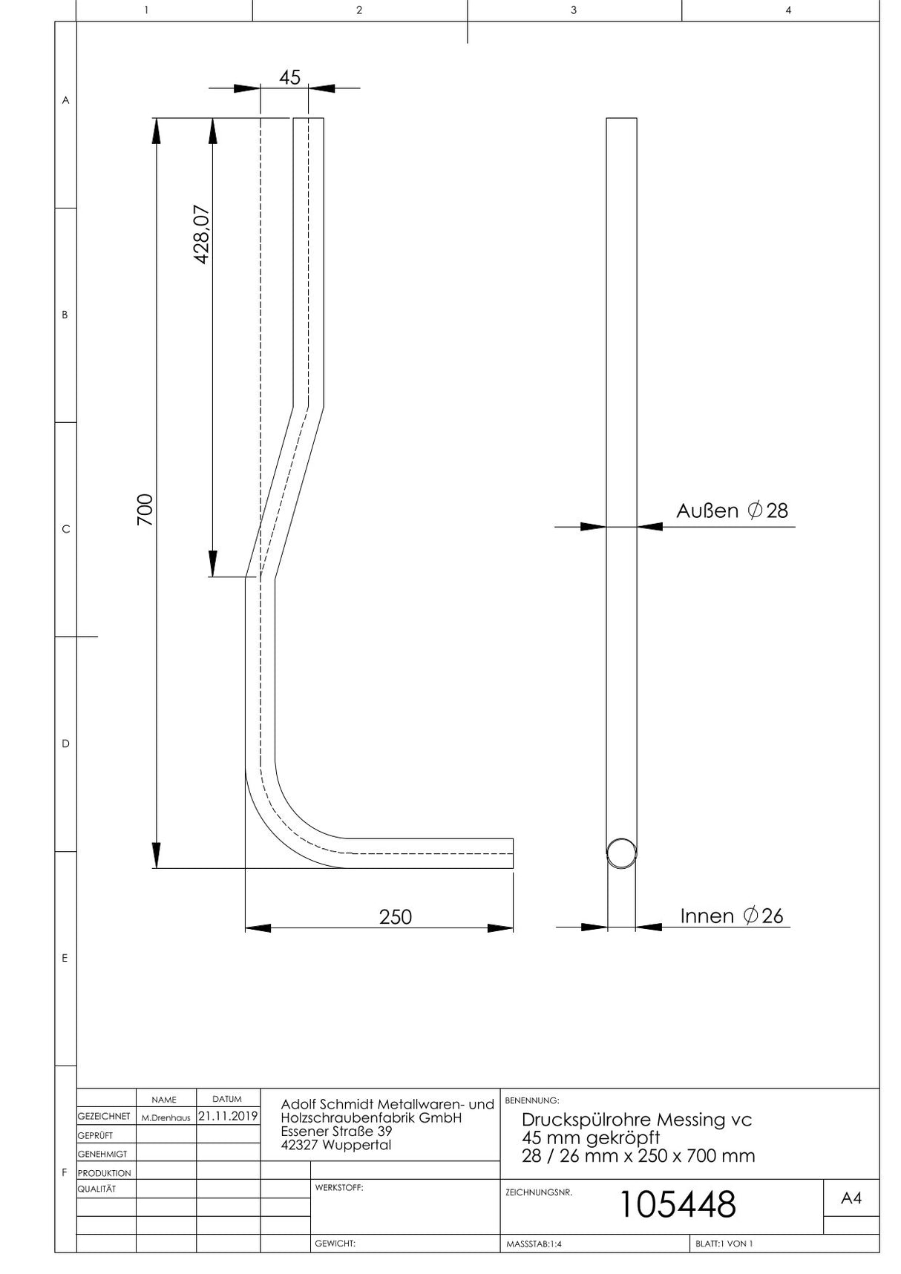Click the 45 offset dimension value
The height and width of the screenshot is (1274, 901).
290,77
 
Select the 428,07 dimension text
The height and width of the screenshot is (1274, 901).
202,234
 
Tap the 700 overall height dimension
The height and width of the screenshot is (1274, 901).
145,510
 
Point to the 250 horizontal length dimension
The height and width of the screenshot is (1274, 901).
396,917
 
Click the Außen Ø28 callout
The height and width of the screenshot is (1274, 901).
732,510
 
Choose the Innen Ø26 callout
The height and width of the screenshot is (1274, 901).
732,916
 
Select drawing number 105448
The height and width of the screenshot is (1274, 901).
677,1204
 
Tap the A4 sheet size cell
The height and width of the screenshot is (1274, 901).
851,1198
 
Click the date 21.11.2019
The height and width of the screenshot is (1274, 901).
228,1116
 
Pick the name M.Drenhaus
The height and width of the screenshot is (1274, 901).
166,1117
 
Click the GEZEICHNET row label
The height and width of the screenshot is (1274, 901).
104,1117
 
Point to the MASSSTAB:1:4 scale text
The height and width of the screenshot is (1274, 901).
534,1244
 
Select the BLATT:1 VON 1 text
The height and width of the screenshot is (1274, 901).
724,1244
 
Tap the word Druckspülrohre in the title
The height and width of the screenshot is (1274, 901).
577,1120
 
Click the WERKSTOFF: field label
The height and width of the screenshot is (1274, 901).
339,1188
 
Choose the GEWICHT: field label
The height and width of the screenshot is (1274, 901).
335,1244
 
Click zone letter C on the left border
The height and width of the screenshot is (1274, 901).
65,529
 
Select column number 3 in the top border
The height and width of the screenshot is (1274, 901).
574,10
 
